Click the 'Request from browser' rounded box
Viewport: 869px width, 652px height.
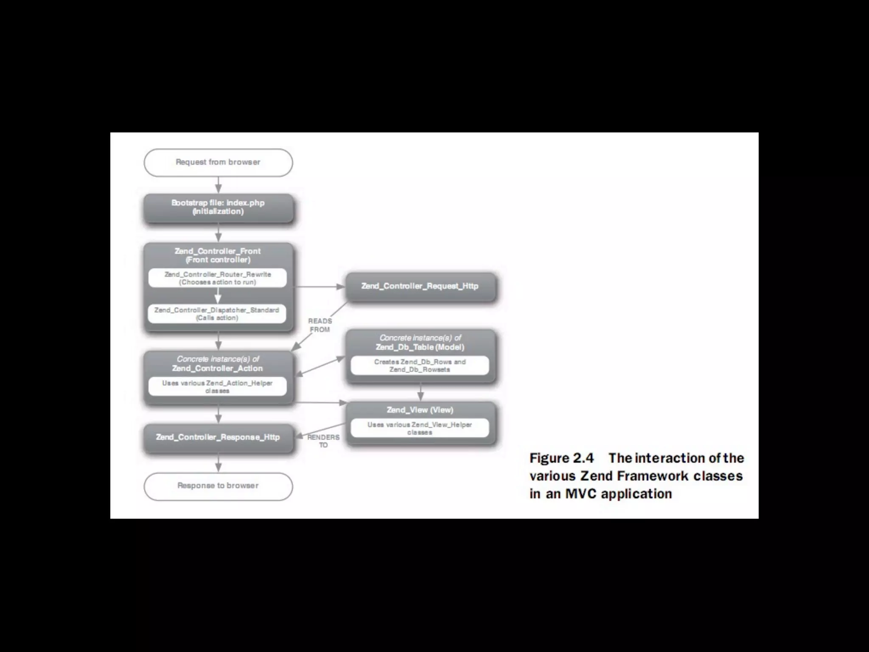pos(218,162)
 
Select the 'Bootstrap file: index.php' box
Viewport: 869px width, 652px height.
pos(218,208)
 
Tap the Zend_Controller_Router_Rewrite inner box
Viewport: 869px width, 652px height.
pos(218,278)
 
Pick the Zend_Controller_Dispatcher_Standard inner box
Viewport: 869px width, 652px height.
pos(217,314)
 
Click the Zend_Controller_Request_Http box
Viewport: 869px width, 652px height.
pos(420,287)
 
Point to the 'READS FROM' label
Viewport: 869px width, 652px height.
pos(320,325)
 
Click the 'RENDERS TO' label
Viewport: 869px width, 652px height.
pos(323,441)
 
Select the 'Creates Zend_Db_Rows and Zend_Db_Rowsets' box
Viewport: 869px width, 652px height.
pos(420,365)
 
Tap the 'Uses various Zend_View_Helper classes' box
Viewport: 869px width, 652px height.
pos(420,428)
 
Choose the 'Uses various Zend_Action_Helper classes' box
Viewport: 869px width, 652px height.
pos(217,387)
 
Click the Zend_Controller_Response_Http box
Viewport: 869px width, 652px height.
pos(218,437)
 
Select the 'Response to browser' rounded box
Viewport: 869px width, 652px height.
pos(218,486)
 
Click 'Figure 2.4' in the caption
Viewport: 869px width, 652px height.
pos(561,458)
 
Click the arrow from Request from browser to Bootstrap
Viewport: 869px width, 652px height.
pos(219,185)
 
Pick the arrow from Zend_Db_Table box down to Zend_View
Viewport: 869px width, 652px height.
pos(420,392)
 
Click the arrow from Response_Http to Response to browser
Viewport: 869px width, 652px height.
pos(219,462)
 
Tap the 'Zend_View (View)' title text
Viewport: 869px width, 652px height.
pos(420,410)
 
